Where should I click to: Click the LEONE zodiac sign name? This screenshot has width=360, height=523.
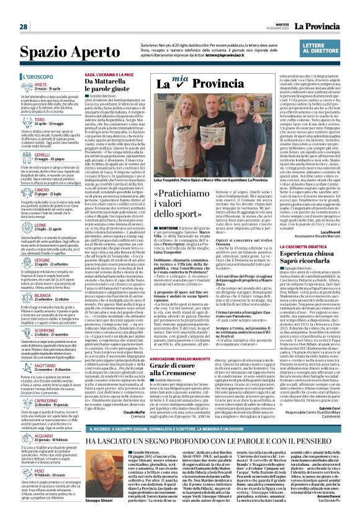(40, 225)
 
